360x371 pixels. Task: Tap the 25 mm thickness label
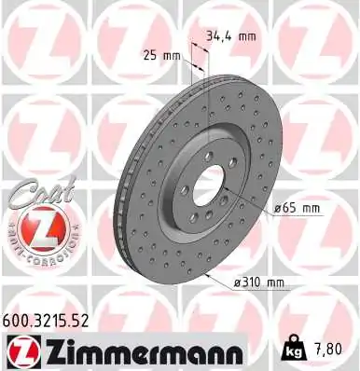click(x=162, y=55)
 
